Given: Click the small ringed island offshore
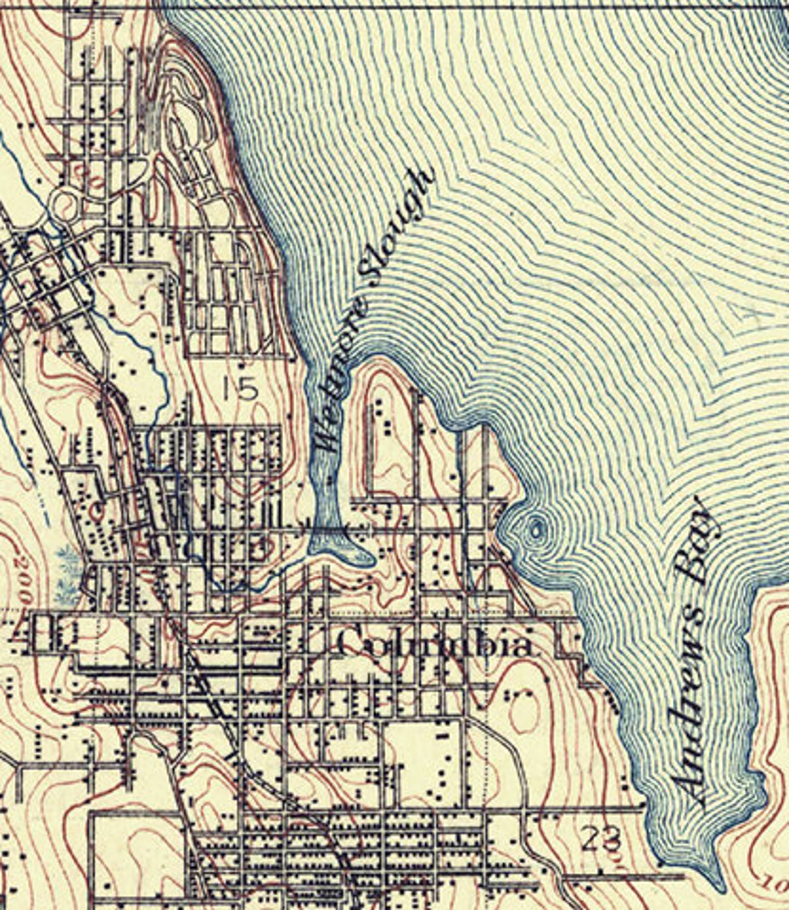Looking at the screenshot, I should (x=536, y=531).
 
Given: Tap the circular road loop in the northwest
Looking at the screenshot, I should (x=64, y=203).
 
